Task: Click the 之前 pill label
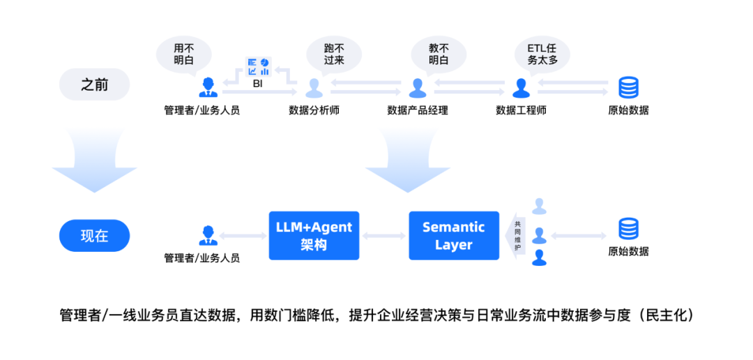point(95,85)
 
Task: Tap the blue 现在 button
point(95,236)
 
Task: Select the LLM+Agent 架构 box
point(314,236)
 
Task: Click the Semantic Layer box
point(454,236)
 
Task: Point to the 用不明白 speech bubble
point(183,54)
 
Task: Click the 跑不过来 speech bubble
point(335,54)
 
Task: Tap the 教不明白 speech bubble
point(439,54)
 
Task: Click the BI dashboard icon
point(258,68)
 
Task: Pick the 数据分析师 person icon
point(314,88)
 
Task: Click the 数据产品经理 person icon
point(418,88)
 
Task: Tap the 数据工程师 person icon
point(521,88)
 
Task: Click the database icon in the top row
point(628,88)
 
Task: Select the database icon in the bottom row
point(628,229)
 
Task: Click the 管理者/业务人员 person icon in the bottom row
point(207,236)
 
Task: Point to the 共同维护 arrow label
point(517,236)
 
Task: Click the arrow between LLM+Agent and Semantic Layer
point(383,236)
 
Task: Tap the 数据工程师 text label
point(521,110)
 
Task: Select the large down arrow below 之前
point(95,167)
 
